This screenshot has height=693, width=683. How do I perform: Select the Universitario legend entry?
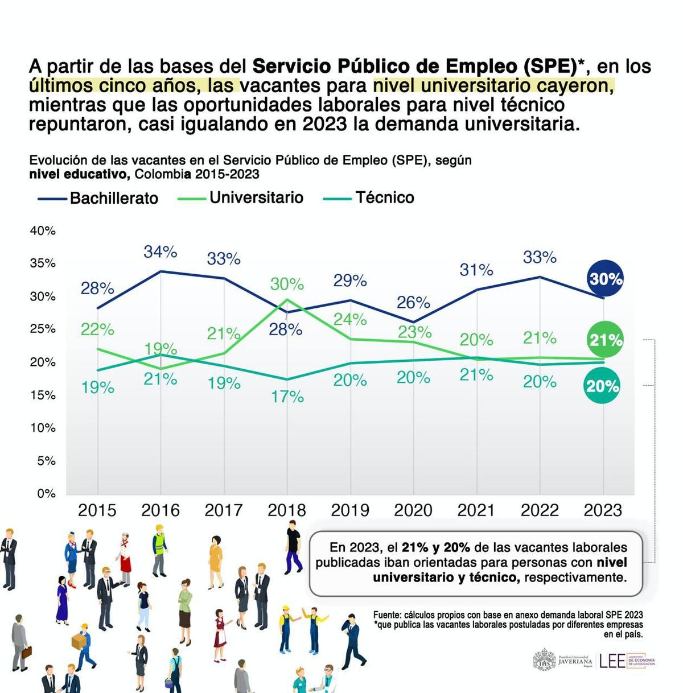[x=241, y=197]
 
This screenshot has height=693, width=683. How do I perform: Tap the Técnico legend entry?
[x=369, y=197]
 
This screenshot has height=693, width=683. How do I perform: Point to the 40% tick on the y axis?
[x=43, y=230]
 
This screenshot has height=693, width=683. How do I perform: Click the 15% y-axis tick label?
[x=43, y=395]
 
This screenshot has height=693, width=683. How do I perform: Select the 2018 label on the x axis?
[x=287, y=510]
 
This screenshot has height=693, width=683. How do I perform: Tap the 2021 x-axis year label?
[x=476, y=510]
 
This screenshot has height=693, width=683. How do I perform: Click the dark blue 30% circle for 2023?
[x=605, y=279]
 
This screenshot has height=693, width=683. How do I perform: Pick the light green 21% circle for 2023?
[x=605, y=340]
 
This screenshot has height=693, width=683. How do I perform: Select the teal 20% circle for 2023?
[x=602, y=386]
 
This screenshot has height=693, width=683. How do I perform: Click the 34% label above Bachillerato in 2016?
[x=161, y=251]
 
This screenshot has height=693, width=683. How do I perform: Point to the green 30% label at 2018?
[x=287, y=284]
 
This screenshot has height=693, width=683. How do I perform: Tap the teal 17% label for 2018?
[x=287, y=397]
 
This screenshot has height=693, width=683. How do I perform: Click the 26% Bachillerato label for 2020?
[x=413, y=302]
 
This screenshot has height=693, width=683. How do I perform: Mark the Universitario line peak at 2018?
[x=287, y=300]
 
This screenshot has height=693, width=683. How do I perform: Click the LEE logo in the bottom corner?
[x=612, y=661]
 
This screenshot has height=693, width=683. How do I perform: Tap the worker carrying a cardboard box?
[x=83, y=646]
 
